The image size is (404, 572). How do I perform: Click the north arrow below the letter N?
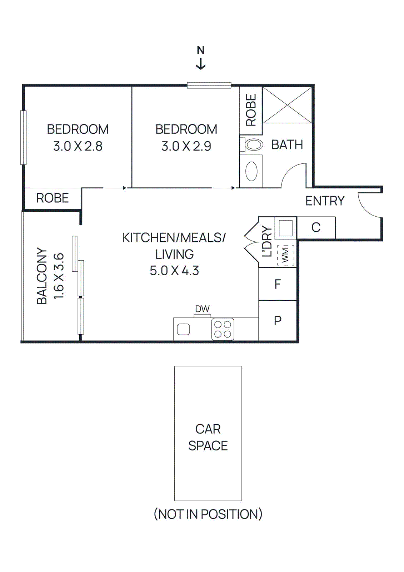tap(201, 64)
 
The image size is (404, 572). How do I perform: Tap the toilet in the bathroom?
tap(253, 145)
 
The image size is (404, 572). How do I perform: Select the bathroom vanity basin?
tap(251, 171)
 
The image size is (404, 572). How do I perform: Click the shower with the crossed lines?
tap(287, 105)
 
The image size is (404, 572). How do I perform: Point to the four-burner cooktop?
tap(223, 329)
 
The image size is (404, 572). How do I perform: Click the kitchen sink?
tap(184, 329)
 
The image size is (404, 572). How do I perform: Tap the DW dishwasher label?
tap(202, 309)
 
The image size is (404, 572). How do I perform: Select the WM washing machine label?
tap(286, 255)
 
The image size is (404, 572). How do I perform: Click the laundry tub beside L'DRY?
tap(285, 228)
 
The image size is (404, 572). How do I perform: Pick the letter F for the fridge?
tap(278, 284)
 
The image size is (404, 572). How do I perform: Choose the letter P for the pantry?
tap(278, 321)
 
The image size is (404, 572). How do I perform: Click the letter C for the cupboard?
tap(316, 227)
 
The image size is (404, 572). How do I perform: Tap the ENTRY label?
tap(325, 201)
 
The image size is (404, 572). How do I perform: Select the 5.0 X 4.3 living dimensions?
tap(174, 271)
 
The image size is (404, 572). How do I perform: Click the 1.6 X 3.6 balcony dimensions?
tap(59, 276)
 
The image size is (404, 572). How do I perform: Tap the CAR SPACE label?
tap(208, 437)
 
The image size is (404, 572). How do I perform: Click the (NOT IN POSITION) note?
tap(208, 514)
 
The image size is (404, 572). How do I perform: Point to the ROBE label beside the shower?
tap(251, 110)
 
